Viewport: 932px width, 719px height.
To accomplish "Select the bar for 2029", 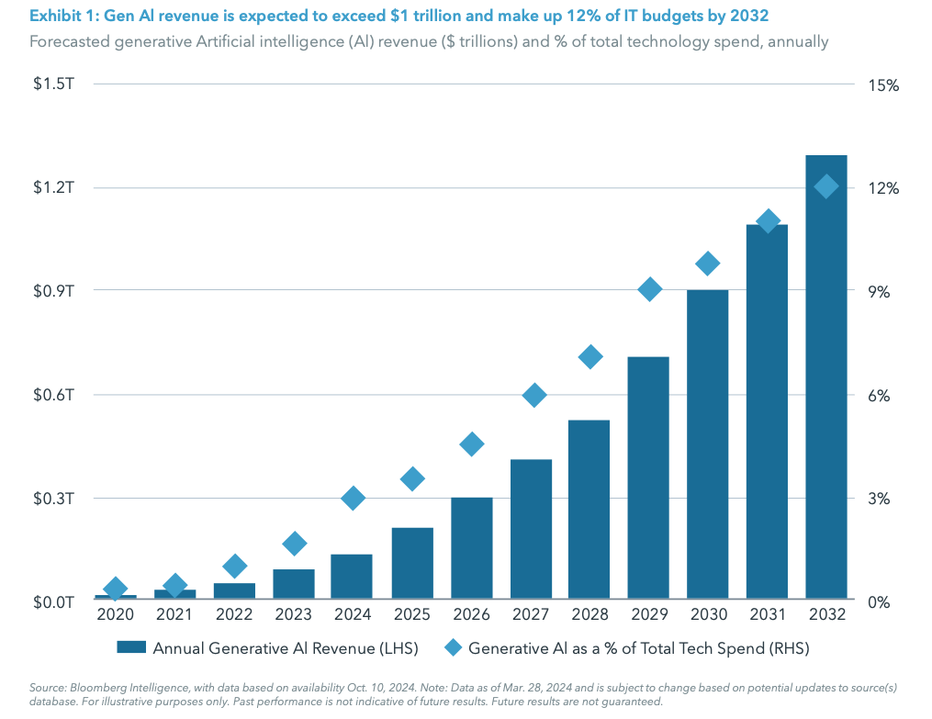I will click(x=649, y=477).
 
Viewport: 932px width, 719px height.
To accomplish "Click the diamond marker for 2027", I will click(x=534, y=396).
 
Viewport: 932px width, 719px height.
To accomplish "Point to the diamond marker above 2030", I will click(x=707, y=264).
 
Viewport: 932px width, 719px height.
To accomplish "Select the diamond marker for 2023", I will click(x=294, y=544).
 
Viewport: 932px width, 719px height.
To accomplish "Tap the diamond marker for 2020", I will click(x=116, y=589).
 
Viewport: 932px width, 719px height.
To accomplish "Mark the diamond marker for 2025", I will click(x=412, y=478).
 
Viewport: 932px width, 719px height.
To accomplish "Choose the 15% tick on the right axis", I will click(x=882, y=84).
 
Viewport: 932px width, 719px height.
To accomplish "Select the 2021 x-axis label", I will click(x=174, y=614).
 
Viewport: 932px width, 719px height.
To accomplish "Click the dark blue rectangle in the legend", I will click(x=131, y=648).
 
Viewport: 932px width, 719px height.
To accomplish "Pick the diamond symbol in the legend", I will click(x=452, y=648).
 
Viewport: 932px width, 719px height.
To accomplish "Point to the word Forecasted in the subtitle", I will click(x=69, y=42).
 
